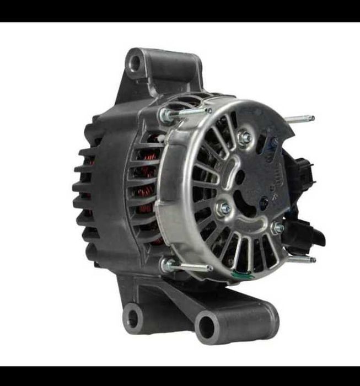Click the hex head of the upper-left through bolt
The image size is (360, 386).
pos(164,115)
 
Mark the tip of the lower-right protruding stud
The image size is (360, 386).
pos(313,260)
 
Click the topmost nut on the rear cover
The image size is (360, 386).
pos(244,137)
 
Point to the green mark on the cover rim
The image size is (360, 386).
pos(241,274)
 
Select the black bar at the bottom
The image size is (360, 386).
pos(180,376)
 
